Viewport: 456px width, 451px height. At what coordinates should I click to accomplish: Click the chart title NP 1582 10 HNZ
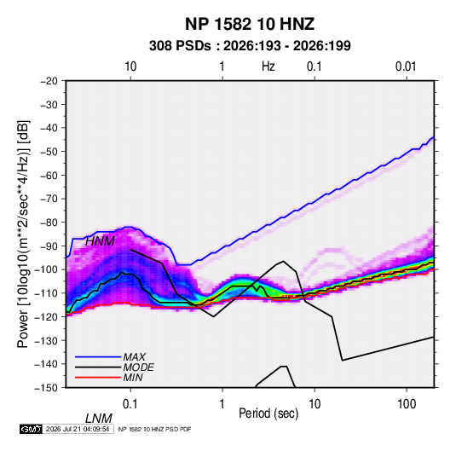[x=250, y=24]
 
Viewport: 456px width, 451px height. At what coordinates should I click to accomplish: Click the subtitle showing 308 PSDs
[x=250, y=46]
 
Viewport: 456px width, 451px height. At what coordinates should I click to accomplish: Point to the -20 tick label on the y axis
[x=49, y=81]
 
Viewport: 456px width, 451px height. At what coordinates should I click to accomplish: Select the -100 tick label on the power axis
[x=46, y=269]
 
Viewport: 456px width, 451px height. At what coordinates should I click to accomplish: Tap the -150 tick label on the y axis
[x=46, y=388]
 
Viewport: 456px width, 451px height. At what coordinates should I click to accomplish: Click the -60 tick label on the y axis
[x=49, y=176]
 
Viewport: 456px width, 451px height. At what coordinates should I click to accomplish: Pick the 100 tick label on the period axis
[x=407, y=404]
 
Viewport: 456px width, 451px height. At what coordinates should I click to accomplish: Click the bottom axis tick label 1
[x=222, y=404]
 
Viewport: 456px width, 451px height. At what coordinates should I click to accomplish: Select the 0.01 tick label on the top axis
[x=406, y=66]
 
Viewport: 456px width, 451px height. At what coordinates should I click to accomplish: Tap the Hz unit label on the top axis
[x=268, y=66]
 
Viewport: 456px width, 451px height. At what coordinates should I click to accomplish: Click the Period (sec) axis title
[x=268, y=413]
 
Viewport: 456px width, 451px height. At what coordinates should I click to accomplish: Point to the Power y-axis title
[x=23, y=234]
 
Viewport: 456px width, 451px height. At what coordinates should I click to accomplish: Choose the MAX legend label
[x=135, y=357]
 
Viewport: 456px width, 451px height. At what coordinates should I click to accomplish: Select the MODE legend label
[x=138, y=367]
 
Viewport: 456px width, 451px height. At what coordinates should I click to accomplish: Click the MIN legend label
[x=133, y=378]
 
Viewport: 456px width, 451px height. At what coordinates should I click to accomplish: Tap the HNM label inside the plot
[x=100, y=241]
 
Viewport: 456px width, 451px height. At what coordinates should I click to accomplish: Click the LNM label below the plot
[x=99, y=419]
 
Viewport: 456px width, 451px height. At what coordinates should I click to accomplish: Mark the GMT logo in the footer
[x=31, y=429]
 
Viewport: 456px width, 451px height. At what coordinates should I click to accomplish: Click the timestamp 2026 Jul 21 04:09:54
[x=78, y=429]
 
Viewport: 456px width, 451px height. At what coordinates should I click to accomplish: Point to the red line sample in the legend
[x=98, y=378]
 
